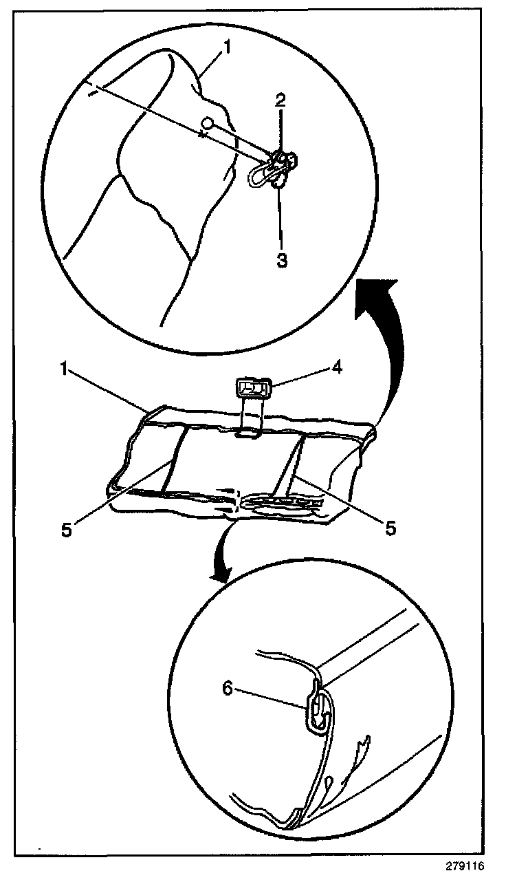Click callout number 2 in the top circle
(x=281, y=100)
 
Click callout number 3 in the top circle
(x=282, y=260)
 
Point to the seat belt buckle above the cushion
(x=253, y=389)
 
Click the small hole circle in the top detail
(x=206, y=124)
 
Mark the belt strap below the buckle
(x=250, y=417)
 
